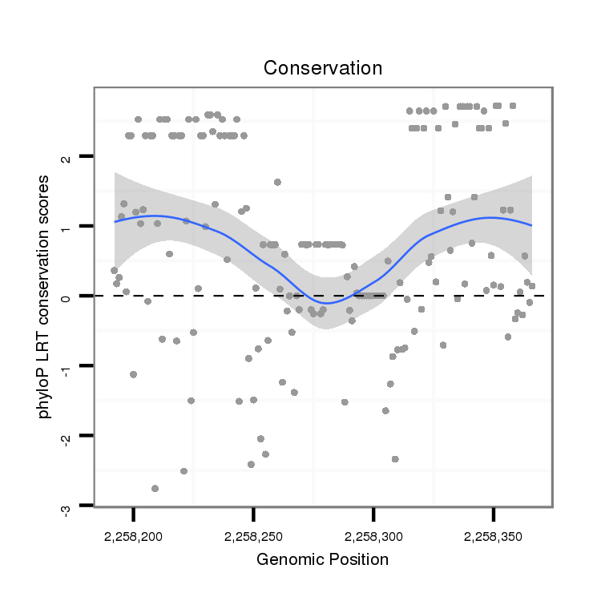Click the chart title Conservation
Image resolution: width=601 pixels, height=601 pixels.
tap(323, 68)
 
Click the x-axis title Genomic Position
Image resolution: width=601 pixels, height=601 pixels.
tap(323, 559)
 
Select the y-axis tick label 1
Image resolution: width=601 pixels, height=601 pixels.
tap(67, 227)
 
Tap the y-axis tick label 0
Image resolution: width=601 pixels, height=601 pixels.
tap(67, 296)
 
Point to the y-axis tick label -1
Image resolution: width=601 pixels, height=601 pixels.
tap(67, 366)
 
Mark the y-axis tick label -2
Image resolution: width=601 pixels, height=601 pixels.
tap(67, 437)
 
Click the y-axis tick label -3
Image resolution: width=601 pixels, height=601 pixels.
tap(67, 506)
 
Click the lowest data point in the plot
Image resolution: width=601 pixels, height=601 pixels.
tap(155, 488)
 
